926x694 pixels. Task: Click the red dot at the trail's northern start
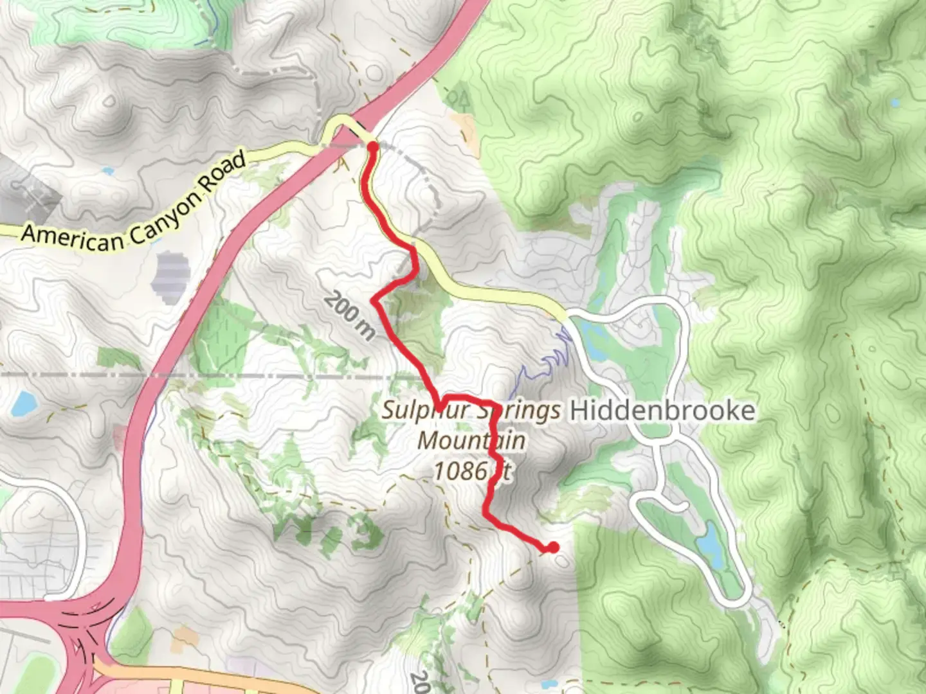click(x=372, y=147)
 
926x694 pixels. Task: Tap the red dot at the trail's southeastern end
click(x=552, y=547)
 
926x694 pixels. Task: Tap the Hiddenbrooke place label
click(x=662, y=411)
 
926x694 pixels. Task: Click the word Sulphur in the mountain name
click(x=424, y=410)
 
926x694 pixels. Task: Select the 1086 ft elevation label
click(x=472, y=471)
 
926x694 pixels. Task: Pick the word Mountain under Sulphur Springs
click(x=471, y=441)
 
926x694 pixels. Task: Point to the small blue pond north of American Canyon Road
click(x=107, y=172)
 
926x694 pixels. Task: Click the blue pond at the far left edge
click(x=24, y=403)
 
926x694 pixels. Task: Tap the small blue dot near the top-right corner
click(x=896, y=102)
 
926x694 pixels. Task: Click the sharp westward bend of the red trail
click(x=375, y=299)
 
